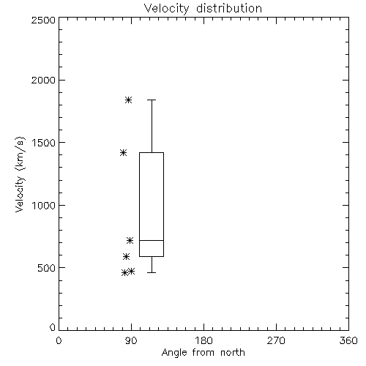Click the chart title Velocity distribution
click(203, 9)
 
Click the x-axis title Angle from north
click(203, 353)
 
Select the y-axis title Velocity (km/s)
click(20, 174)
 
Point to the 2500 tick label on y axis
click(43, 20)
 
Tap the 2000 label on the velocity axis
click(43, 80)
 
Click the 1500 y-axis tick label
click(44, 143)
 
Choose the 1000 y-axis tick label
click(44, 205)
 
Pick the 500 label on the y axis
click(47, 268)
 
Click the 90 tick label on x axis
click(131, 340)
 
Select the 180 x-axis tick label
click(203, 340)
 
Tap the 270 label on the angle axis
click(276, 340)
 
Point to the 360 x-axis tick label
click(348, 340)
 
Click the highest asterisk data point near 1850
click(129, 100)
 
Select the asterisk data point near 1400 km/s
click(123, 153)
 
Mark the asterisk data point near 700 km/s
click(130, 240)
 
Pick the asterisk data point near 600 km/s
click(126, 256)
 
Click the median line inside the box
click(152, 240)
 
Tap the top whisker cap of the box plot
click(152, 100)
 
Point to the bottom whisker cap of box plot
click(152, 272)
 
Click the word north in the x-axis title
click(233, 353)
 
